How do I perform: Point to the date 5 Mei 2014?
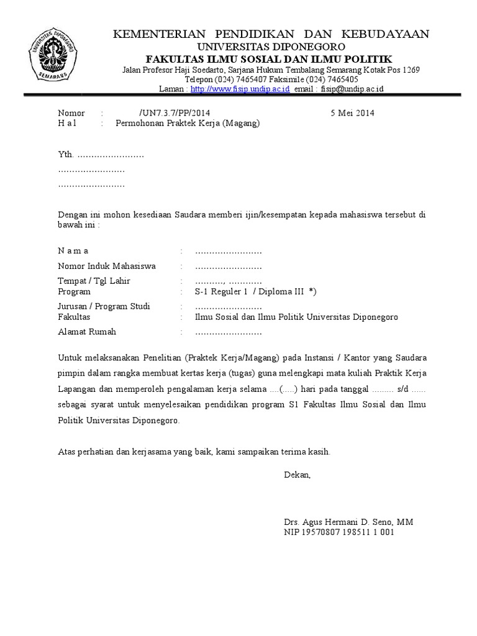click(352, 113)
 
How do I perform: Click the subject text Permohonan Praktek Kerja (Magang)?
click(188, 123)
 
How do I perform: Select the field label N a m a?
click(73, 251)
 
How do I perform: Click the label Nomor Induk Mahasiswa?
click(106, 266)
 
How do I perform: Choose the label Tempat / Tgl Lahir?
click(94, 281)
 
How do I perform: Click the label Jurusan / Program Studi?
click(104, 307)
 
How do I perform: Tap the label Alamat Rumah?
click(87, 332)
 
